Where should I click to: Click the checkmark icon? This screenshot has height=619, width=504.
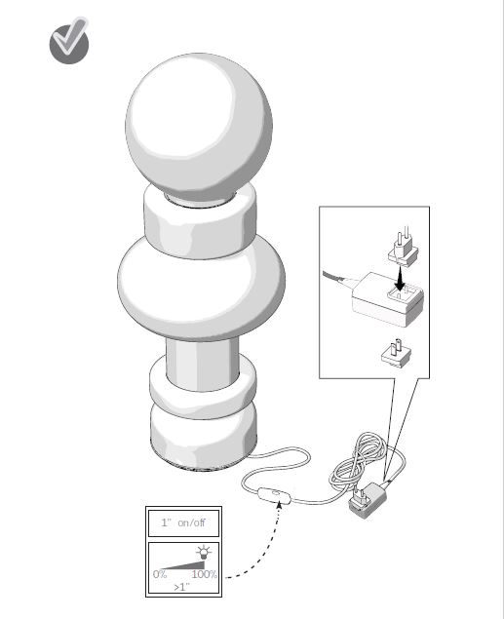coord(69,41)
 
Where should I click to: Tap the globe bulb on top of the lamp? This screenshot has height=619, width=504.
coord(199,129)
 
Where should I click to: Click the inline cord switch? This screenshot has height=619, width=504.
coord(274,496)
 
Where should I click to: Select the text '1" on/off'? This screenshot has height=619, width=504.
coord(183,522)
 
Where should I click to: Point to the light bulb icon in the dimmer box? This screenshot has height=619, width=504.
coord(204,552)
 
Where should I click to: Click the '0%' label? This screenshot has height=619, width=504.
coord(160,574)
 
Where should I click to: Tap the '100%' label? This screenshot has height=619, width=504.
coord(205,574)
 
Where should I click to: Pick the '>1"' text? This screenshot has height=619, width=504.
coord(182,587)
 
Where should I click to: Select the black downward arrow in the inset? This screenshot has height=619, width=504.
coord(400,278)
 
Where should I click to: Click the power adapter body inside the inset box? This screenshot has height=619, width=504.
coord(387,299)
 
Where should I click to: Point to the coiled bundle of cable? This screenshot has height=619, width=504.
coord(357,463)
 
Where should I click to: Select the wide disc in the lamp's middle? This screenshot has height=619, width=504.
coord(201,289)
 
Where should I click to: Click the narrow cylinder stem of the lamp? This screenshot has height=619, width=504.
coord(203,364)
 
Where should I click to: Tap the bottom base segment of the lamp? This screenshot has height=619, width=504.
coord(204,439)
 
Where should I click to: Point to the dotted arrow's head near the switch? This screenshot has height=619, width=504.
coord(280,504)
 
